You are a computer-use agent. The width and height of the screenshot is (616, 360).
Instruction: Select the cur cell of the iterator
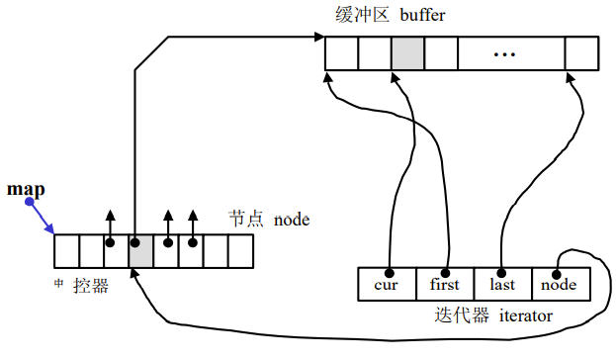387,285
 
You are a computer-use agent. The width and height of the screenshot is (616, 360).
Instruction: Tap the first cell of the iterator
445,285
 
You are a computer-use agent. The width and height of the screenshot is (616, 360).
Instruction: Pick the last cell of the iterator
502,285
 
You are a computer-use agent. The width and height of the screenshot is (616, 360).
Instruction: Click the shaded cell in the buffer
406,53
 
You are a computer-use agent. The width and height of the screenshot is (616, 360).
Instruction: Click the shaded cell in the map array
140,251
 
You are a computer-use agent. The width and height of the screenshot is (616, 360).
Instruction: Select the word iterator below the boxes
518,317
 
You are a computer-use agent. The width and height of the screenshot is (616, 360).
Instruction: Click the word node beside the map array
292,219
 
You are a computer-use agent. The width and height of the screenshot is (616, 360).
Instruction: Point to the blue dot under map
30,202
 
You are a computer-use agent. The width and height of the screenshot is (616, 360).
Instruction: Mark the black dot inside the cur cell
390,272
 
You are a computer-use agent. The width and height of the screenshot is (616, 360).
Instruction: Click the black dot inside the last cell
502,272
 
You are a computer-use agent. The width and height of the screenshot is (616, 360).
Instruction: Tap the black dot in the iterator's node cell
557,274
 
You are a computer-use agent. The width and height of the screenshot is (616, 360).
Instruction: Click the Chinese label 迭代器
457,317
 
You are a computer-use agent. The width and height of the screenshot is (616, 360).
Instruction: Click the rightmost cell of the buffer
580,53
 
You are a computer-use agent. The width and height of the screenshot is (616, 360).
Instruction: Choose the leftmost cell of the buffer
341,53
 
